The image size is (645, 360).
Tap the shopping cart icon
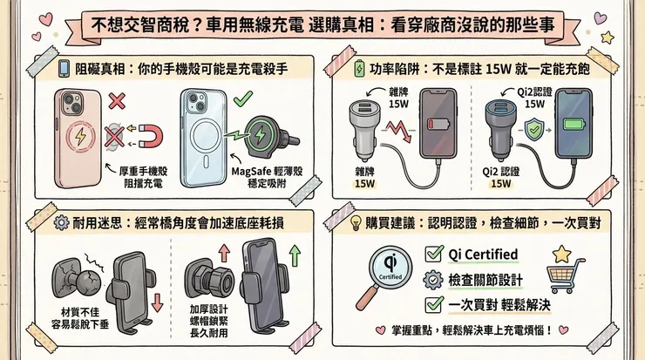coord(566,276)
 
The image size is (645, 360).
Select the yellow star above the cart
coord(561,252)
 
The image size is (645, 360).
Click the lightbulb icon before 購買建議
coord(356,222)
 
